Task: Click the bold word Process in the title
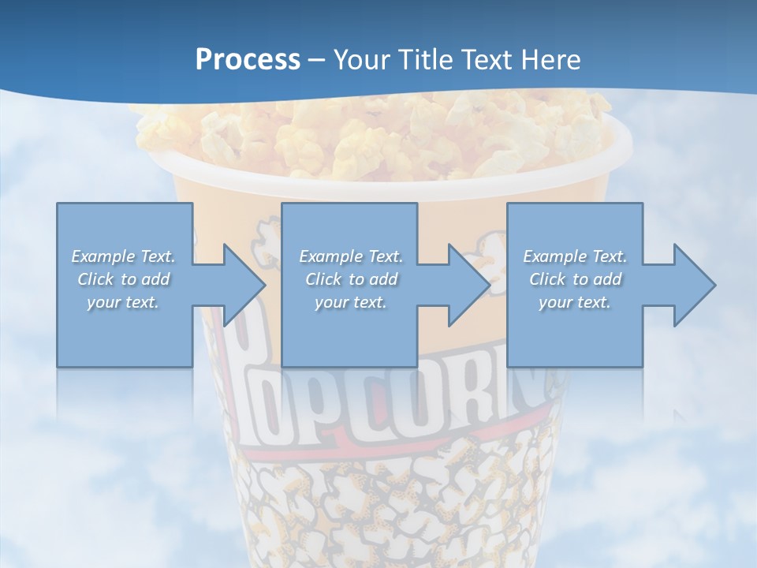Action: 248,60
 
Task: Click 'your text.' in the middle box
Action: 350,302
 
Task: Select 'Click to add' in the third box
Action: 576,279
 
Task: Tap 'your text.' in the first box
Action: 123,302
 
